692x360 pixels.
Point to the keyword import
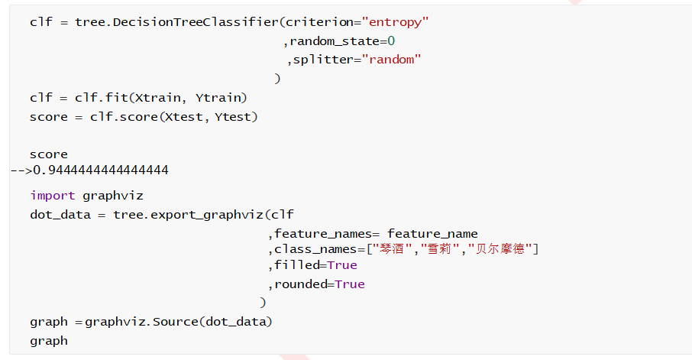tap(53, 196)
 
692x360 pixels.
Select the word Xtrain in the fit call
tap(159, 98)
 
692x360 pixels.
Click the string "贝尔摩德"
tap(500, 249)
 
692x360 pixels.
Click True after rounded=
tap(349, 284)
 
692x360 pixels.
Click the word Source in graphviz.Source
tap(175, 322)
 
